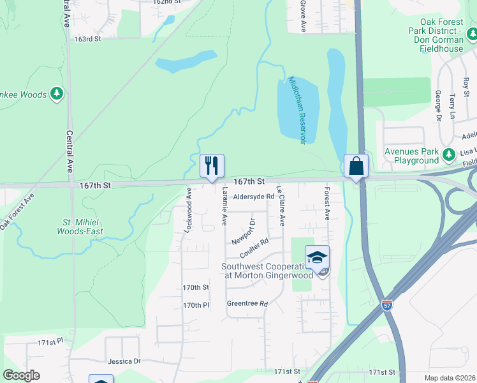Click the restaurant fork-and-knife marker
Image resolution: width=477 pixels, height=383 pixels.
(211, 166)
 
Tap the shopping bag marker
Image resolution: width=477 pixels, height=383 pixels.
(356, 166)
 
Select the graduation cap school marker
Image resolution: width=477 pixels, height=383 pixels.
(317, 257)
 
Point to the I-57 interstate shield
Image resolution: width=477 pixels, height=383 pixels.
(388, 305)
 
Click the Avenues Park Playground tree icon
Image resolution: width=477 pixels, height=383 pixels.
(449, 153)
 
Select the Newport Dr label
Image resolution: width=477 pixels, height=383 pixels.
(244, 232)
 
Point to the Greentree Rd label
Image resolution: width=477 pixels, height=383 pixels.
(247, 304)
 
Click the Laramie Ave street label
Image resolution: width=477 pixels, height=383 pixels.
(224, 206)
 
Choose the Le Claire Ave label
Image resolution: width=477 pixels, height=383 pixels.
(280, 206)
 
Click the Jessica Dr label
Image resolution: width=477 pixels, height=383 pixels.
(124, 361)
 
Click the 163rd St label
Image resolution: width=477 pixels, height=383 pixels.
(88, 39)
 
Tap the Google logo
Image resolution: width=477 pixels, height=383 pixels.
(21, 375)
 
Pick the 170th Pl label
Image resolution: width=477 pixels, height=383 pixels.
(196, 306)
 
